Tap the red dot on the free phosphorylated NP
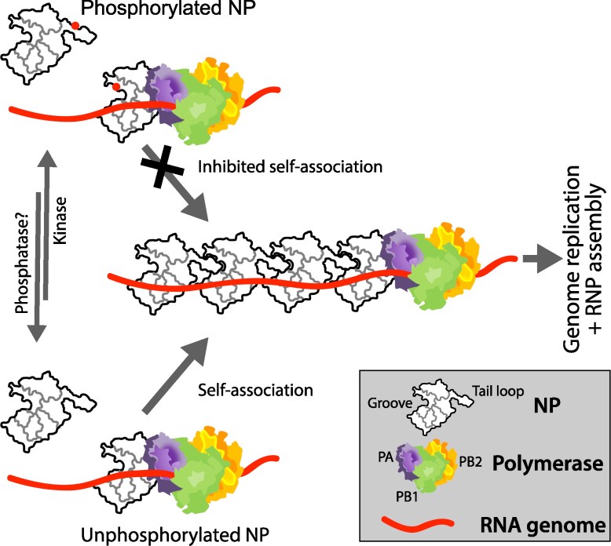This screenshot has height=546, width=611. click(x=75, y=26)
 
